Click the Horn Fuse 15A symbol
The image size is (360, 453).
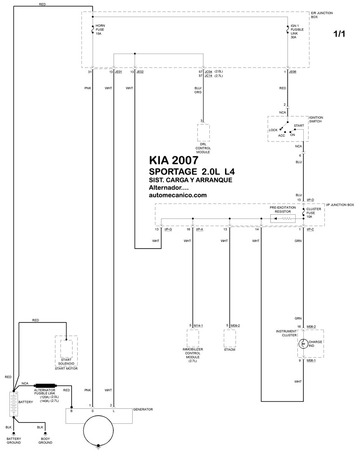pyautogui.click(x=93, y=29)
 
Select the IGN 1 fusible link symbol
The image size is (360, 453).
pyautogui.click(x=288, y=29)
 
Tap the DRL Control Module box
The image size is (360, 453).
pyautogui.click(x=203, y=132)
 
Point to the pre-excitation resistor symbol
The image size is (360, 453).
pyautogui.click(x=283, y=219)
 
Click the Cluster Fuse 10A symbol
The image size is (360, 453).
pyautogui.click(x=303, y=213)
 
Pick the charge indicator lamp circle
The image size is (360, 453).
pyautogui.click(x=303, y=344)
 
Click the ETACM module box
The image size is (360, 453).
pyautogui.click(x=229, y=338)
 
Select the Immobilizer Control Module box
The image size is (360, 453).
pyautogui.click(x=193, y=338)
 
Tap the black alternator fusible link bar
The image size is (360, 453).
pyautogui.click(x=45, y=385)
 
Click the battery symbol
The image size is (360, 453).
pyautogui.click(x=13, y=404)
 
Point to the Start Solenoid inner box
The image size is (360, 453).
pyautogui.click(x=66, y=349)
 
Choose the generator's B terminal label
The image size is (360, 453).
pyautogui.click(x=71, y=411)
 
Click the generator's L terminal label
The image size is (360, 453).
pyautogui.click(x=114, y=411)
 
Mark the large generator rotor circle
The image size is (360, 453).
pyautogui.click(x=98, y=430)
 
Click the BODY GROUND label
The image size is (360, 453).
pyautogui.click(x=45, y=440)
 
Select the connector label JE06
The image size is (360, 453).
pyautogui.click(x=293, y=72)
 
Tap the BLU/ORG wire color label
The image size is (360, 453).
pyautogui.click(x=198, y=90)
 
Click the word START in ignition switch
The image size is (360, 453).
pyautogui.click(x=299, y=126)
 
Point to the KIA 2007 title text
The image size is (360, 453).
pyautogui.click(x=174, y=160)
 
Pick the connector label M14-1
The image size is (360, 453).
pyautogui.click(x=198, y=326)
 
